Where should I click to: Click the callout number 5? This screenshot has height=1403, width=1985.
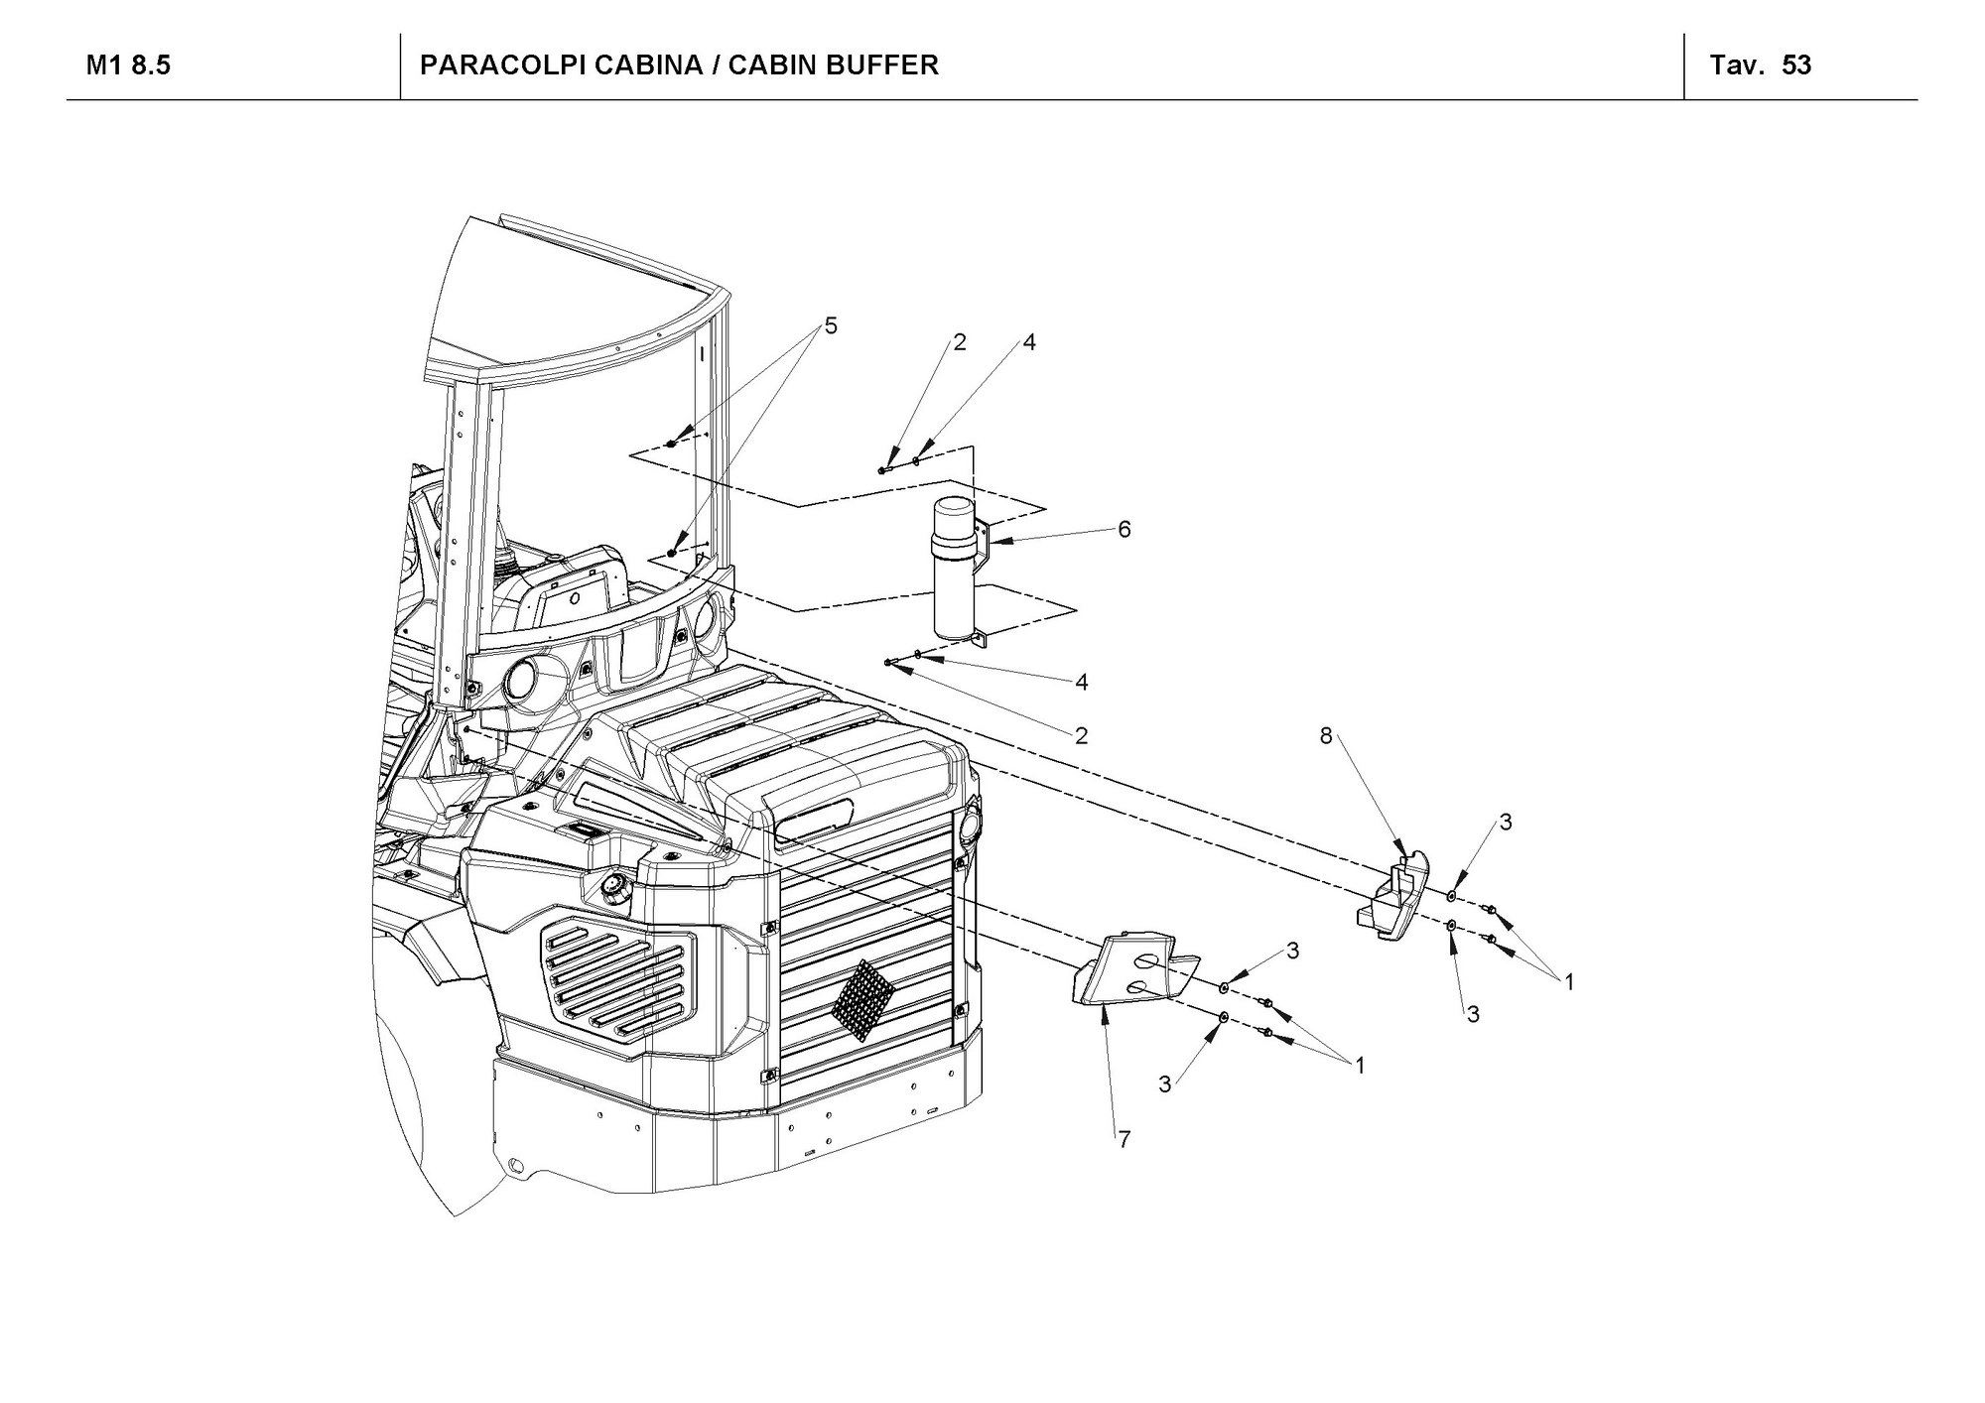831,325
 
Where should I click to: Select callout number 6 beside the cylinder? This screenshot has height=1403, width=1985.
1124,530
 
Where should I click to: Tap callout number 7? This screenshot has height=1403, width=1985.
1124,1140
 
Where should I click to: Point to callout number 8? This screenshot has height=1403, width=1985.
1325,736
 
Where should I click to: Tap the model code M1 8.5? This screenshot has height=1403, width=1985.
129,65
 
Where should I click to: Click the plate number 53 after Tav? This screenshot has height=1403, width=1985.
1796,65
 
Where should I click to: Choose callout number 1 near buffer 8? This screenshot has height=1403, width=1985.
1569,982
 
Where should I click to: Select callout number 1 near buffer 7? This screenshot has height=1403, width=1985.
1360,1066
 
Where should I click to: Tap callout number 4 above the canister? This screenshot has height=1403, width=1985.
1029,342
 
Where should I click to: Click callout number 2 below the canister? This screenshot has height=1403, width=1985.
1081,735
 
